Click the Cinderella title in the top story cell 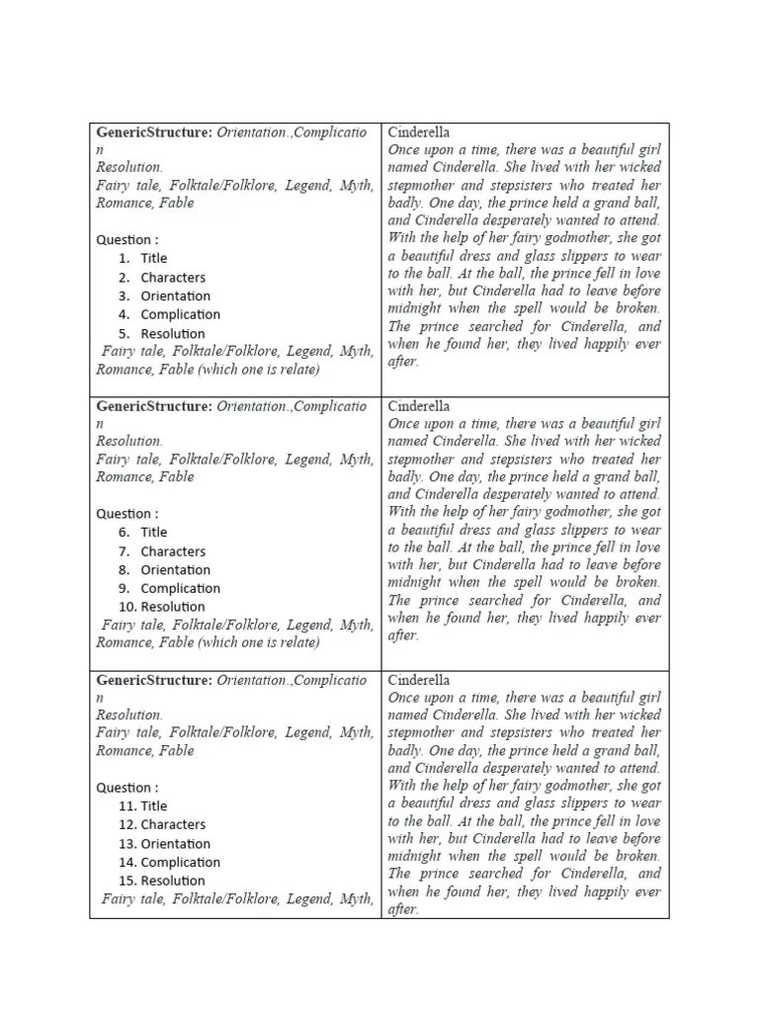[419, 131]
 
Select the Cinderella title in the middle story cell [419, 406]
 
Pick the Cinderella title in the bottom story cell [419, 680]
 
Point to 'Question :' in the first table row [126, 240]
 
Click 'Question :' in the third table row [126, 788]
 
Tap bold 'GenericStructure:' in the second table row [153, 406]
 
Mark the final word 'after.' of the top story [403, 362]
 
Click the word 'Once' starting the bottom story [405, 698]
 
